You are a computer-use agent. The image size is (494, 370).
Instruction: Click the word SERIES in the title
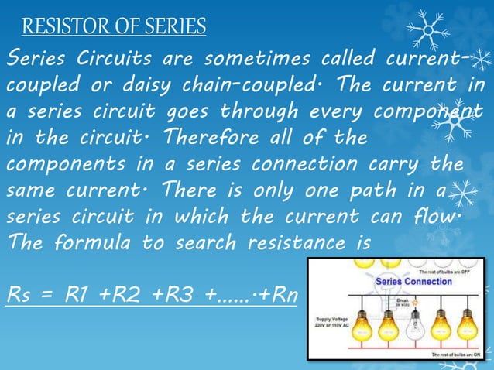(175, 28)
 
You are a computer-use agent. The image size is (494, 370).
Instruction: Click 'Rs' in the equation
(20, 296)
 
